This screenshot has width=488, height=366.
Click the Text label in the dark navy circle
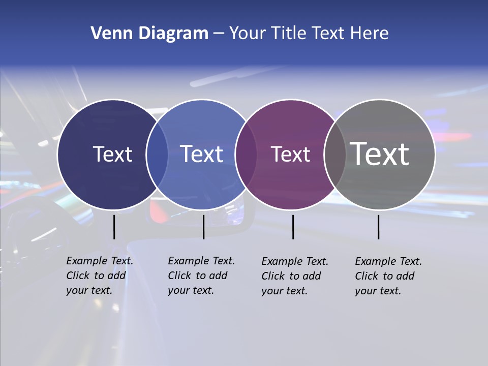click(112, 154)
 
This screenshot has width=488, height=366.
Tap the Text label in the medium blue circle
click(202, 154)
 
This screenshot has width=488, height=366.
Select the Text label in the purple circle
click(291, 154)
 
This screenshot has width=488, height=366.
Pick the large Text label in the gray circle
click(380, 154)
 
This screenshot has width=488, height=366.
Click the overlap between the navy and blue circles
click(157, 155)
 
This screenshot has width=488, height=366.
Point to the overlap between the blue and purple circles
click(246, 155)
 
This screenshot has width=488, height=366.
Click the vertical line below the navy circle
click(114, 227)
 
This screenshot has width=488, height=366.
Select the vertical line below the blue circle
click(203, 227)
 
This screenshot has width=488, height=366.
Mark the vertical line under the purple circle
click(293, 227)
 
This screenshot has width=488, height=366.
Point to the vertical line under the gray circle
click(379, 227)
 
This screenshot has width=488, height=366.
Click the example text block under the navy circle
click(100, 276)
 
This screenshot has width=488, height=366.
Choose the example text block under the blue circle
click(201, 276)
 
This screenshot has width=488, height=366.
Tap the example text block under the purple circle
click(295, 276)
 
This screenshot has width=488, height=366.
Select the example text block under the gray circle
click(388, 276)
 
